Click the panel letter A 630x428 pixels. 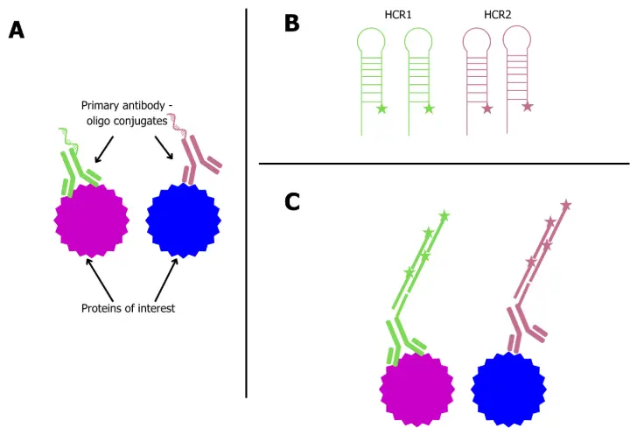click(16, 31)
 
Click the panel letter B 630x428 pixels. click(292, 24)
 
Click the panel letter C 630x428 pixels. click(292, 202)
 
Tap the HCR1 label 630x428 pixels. click(400, 15)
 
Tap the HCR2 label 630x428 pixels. click(498, 15)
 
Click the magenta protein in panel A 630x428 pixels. click(91, 220)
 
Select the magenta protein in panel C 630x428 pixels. click(417, 387)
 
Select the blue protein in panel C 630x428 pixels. click(509, 387)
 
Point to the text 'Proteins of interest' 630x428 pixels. click(129, 308)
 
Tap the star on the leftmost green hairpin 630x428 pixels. click(381, 109)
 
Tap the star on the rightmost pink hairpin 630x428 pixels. click(527, 107)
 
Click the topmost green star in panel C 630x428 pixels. click(444, 215)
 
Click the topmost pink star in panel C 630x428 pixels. click(565, 205)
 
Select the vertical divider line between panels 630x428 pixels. click(247, 201)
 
